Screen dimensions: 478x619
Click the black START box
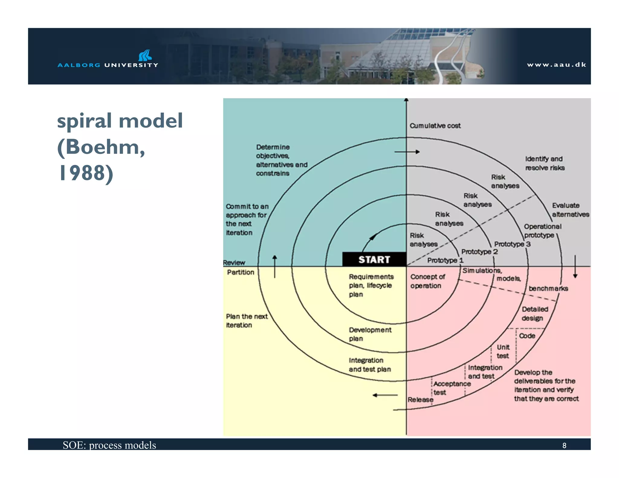coord(374,259)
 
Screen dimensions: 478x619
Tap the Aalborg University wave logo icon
coord(145,55)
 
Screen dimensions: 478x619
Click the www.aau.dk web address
coord(556,65)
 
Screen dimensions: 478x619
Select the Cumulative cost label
coord(435,126)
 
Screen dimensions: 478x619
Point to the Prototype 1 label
coord(445,260)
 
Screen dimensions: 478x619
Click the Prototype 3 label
coord(512,244)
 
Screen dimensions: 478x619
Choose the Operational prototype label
coord(542,231)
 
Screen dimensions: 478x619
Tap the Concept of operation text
coord(427,281)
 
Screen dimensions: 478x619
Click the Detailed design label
coord(535,313)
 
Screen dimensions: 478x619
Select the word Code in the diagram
coord(527,336)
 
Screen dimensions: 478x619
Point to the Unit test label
coord(503,351)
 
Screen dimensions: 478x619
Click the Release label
coord(420,399)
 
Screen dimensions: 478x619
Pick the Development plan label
coord(370,334)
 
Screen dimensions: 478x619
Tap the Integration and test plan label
coord(369,365)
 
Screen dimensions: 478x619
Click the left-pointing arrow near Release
coord(385,395)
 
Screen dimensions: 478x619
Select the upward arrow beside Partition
coord(274,266)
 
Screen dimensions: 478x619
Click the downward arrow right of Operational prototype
coord(575,266)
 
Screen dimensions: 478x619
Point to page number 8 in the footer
coord(564,445)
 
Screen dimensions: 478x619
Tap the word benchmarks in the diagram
coord(548,289)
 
